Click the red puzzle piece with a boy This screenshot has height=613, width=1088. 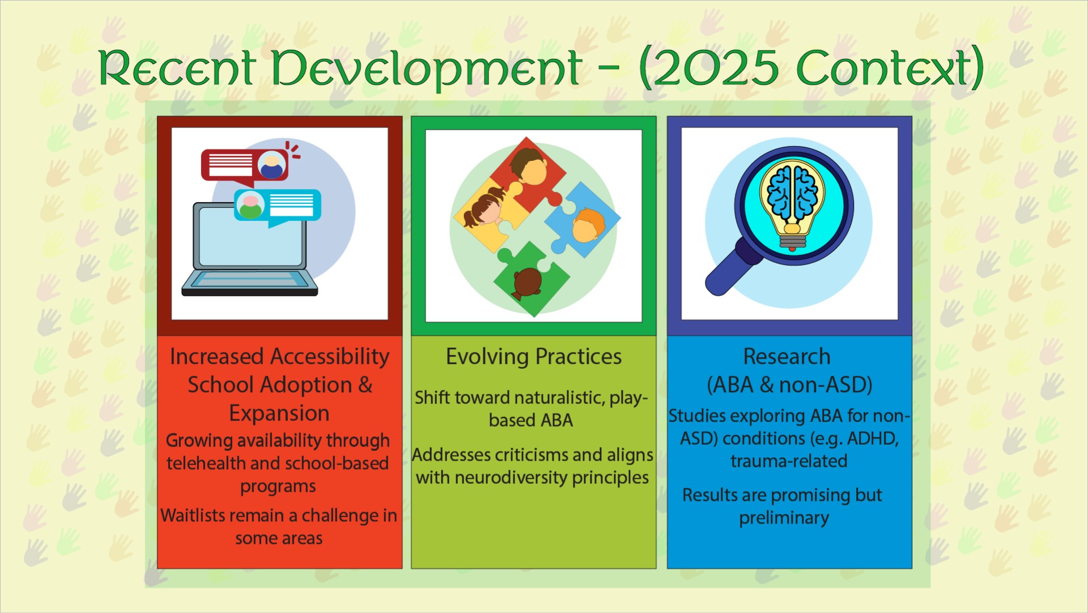[x=527, y=173]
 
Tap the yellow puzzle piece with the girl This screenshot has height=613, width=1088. [x=488, y=212]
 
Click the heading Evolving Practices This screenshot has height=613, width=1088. [x=534, y=357]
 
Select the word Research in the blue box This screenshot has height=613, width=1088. [x=787, y=357]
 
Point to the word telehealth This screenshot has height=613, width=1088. [x=206, y=463]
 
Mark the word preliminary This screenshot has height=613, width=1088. [x=784, y=518]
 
